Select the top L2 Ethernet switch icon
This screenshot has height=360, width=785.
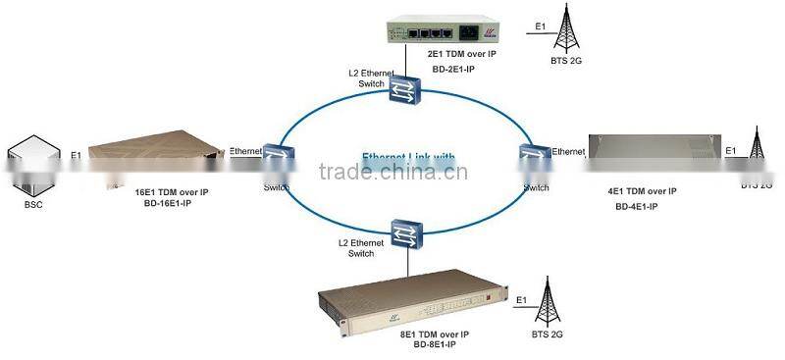tap(401, 91)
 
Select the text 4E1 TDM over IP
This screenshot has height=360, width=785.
tap(643, 192)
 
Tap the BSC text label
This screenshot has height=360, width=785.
tap(31, 205)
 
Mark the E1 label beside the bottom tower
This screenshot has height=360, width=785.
tap(522, 299)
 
